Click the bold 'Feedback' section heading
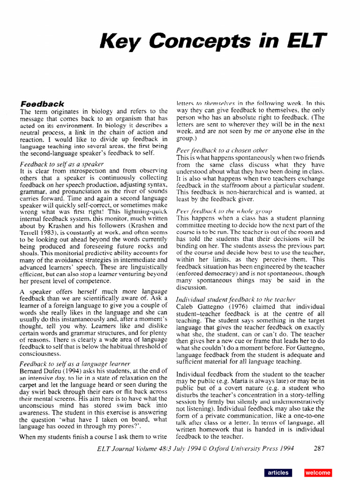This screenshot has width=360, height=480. [42, 103]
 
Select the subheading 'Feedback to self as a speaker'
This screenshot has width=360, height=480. [61, 164]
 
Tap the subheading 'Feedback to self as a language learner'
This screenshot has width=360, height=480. [75, 364]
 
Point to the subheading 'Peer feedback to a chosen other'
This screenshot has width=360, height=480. [222, 150]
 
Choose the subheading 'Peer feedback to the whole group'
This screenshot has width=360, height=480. [224, 211]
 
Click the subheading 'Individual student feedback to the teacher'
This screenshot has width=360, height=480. [236, 299]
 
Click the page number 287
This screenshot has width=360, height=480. [319, 448]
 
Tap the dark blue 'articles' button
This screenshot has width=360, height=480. [277, 472]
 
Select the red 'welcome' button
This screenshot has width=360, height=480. [318, 472]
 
